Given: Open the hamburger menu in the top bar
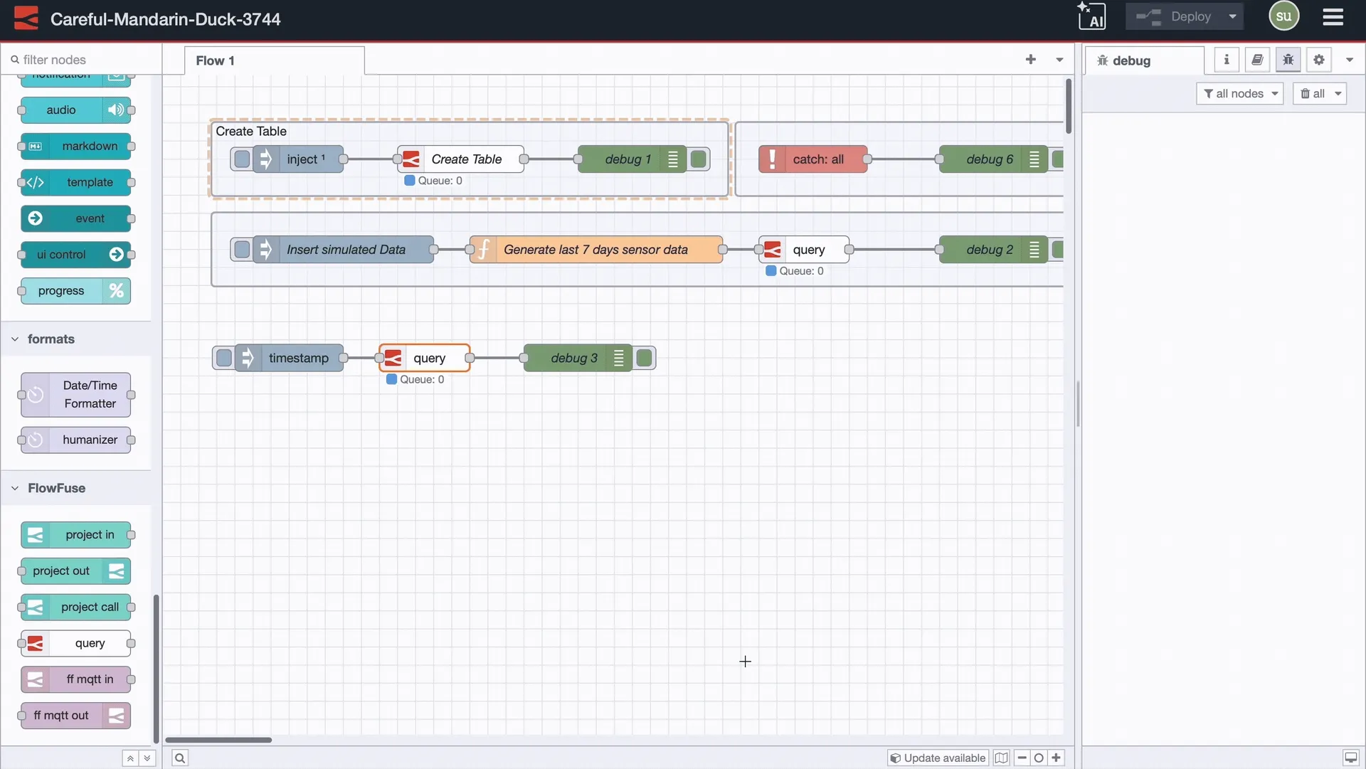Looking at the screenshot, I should [x=1333, y=16].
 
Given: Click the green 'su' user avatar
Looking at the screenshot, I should [x=1283, y=16].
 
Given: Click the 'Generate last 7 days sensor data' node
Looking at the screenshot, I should [x=595, y=250].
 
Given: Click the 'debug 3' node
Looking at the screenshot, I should [x=573, y=358].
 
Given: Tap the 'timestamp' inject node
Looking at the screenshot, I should [x=297, y=358].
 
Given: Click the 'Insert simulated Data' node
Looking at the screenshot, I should [x=345, y=250].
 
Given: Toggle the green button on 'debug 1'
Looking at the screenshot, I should [x=699, y=159].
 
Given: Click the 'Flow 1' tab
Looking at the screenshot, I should [x=215, y=60].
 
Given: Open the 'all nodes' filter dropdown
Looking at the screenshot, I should [x=1239, y=93].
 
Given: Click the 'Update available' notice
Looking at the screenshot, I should [x=938, y=758].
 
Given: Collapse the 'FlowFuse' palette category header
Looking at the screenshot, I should [x=55, y=488].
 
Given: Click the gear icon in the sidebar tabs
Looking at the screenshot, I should [x=1318, y=60].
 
